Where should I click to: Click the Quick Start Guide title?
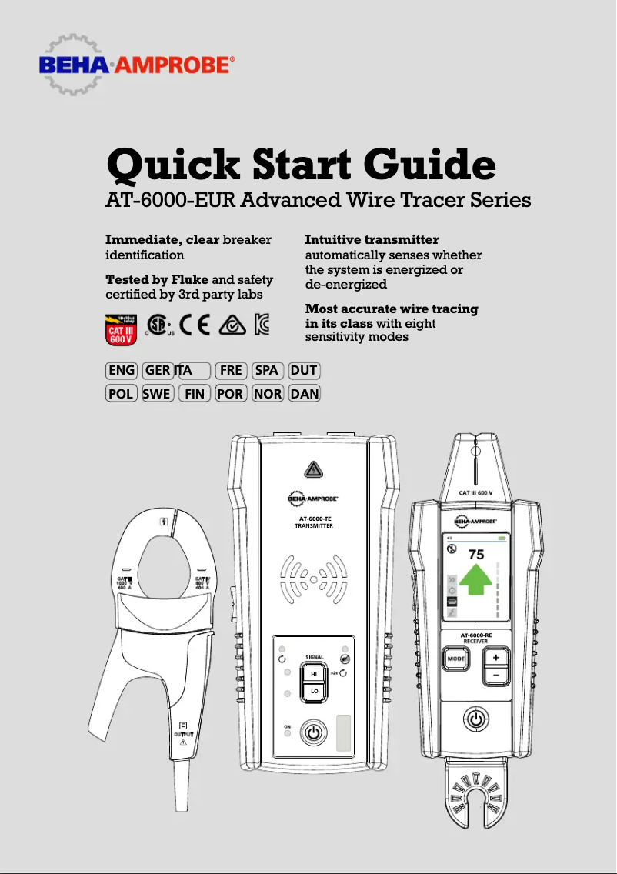(300, 164)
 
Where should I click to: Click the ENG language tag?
(122, 370)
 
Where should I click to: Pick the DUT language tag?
(305, 370)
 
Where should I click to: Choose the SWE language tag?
(157, 394)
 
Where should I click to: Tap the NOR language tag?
(268, 394)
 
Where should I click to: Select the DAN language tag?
(305, 394)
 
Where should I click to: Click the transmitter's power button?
(312, 732)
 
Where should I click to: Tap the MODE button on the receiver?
(456, 659)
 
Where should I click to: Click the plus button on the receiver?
(496, 658)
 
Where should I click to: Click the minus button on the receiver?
(496, 675)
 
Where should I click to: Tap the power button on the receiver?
(475, 720)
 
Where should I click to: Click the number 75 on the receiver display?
(476, 554)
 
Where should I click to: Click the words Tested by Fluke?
(156, 279)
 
